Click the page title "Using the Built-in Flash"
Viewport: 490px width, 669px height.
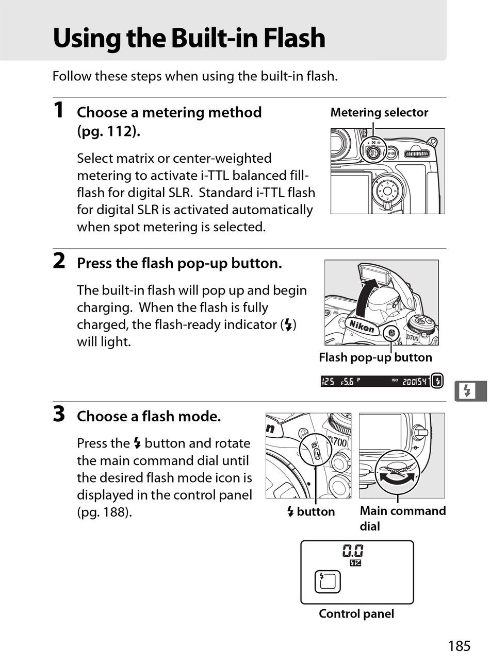pyautogui.click(x=189, y=38)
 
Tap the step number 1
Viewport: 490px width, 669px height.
pyautogui.click(x=59, y=110)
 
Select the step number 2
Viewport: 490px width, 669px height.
pyautogui.click(x=59, y=261)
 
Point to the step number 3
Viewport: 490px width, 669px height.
pyautogui.click(x=59, y=414)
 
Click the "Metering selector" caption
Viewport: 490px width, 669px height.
pyautogui.click(x=379, y=112)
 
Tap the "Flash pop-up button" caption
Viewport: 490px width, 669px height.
pyautogui.click(x=375, y=357)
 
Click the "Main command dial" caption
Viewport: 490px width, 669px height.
pyautogui.click(x=402, y=518)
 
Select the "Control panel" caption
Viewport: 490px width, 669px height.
pyautogui.click(x=356, y=614)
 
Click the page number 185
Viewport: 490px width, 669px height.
pyautogui.click(x=459, y=646)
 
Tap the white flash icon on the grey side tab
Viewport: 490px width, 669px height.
pyautogui.click(x=467, y=391)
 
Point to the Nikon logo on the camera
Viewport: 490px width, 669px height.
pyautogui.click(x=362, y=325)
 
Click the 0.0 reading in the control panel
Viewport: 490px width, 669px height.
pyautogui.click(x=353, y=551)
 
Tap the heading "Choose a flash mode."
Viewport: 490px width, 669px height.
pyautogui.click(x=149, y=416)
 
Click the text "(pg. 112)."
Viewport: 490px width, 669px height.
pyautogui.click(x=108, y=131)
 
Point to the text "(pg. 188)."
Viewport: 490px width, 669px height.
pyautogui.click(x=104, y=512)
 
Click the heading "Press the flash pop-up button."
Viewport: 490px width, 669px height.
pyautogui.click(x=179, y=263)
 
